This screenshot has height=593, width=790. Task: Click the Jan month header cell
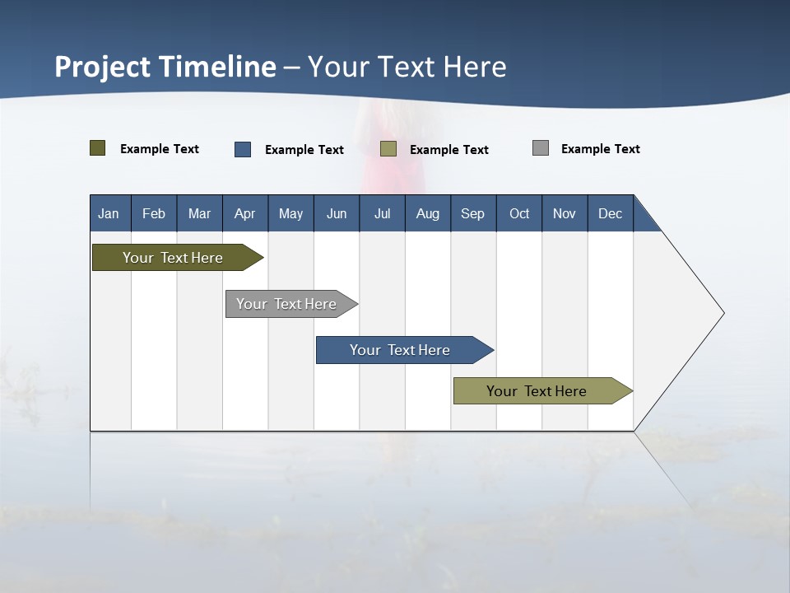(109, 213)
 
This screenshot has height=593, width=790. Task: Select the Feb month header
(154, 213)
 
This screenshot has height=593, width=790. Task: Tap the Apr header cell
(244, 213)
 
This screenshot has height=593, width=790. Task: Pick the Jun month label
(337, 213)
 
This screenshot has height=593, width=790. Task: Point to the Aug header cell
(428, 213)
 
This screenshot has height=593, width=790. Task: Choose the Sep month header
(473, 213)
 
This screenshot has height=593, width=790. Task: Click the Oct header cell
(519, 213)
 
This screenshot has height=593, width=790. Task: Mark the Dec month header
(611, 213)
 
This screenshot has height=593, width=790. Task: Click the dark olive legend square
(98, 148)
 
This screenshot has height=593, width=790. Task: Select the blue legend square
(243, 149)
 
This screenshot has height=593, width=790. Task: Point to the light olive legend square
(388, 149)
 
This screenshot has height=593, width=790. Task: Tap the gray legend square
(541, 148)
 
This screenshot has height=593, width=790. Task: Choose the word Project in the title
(104, 67)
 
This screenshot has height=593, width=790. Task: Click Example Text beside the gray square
(600, 149)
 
